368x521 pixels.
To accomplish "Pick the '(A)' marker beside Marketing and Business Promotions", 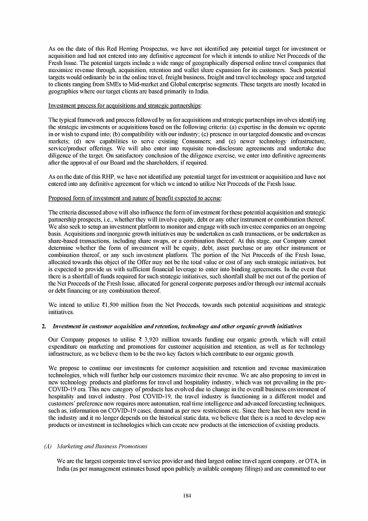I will click(x=48, y=446).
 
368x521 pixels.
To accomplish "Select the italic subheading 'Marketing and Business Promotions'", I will click(x=97, y=446).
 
